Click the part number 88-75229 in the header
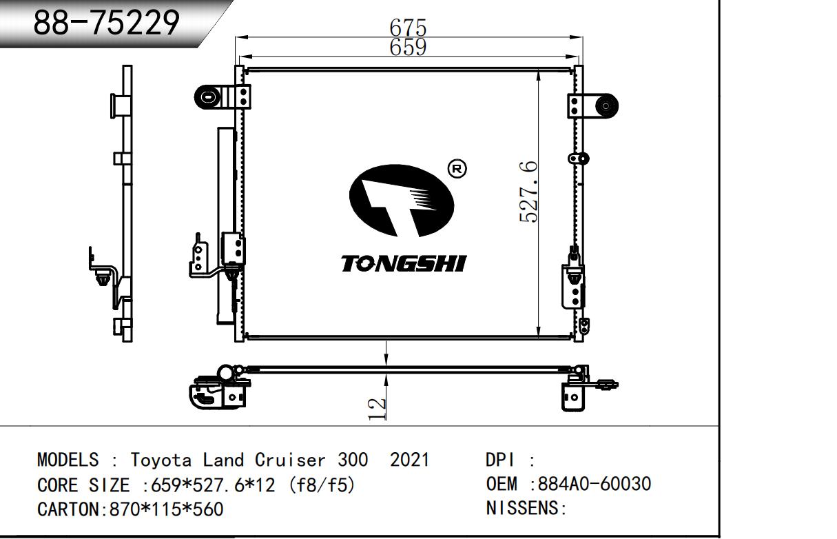pos(107,23)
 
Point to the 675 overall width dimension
pos(408,28)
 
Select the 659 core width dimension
pos(408,47)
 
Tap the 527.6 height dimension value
pos(529,192)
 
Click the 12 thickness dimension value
pos(377,409)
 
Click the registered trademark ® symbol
pos(457,169)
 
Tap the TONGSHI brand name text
pos(404,264)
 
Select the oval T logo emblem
pos(402,201)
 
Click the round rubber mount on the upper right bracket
pos(606,106)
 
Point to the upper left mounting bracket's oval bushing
pos(208,98)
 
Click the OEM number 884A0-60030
pos(594,484)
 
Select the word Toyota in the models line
pos(161,460)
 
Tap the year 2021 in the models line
pos(409,460)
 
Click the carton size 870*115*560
pos(166,509)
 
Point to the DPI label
pos(500,460)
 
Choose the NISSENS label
pos(522,509)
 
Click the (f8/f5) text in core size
pos(321,485)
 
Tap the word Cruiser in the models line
pos(290,460)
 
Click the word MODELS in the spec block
pos(68,460)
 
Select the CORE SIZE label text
pos(83,485)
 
